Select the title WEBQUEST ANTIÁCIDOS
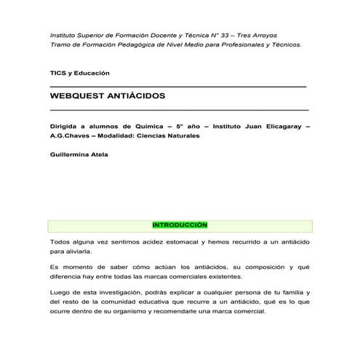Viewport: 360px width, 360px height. click(108, 96)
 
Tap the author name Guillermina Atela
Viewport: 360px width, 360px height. click(79, 154)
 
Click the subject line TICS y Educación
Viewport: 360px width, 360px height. click(79, 73)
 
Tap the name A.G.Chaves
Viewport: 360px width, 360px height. click(70, 135)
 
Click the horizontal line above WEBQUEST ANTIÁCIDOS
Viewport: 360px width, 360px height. click(178, 87)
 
